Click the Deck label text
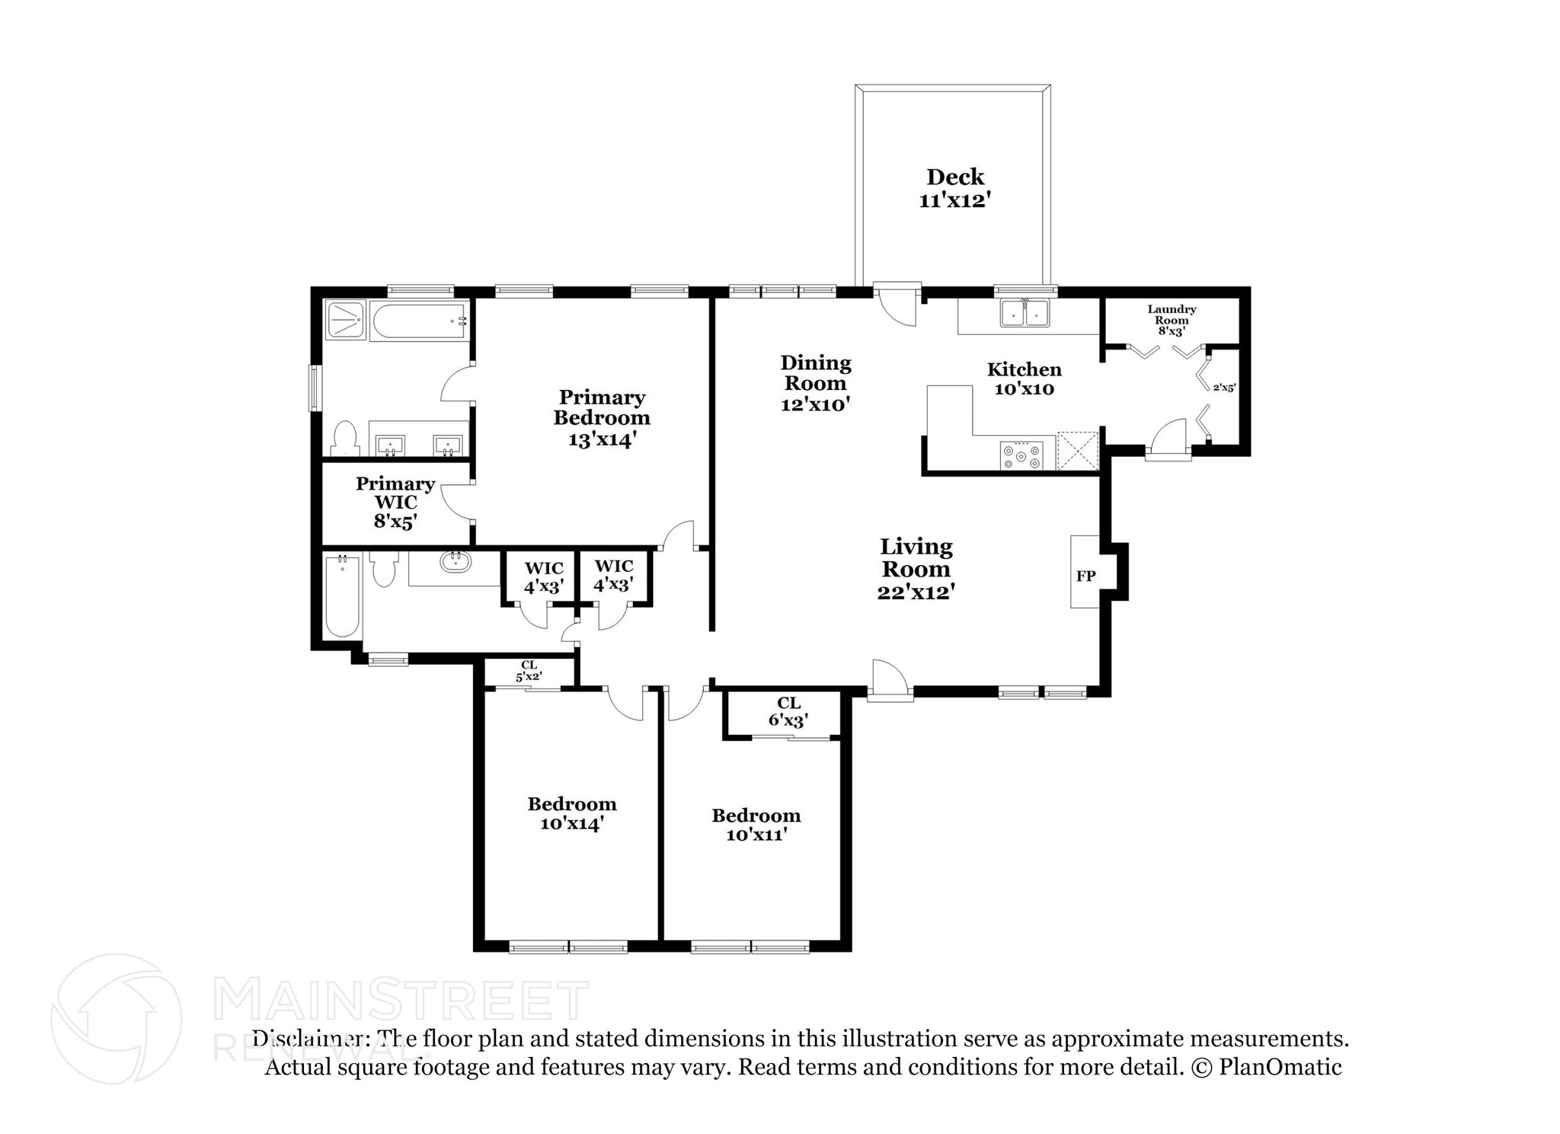(954, 177)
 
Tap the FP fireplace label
(1085, 577)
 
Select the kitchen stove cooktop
(1021, 456)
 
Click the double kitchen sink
(1025, 313)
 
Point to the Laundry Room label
(1171, 315)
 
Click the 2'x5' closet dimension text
(1223, 388)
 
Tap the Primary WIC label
(395, 493)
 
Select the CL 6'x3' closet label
(788, 711)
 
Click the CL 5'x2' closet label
(529, 671)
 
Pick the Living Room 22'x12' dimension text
(916, 592)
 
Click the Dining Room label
(815, 373)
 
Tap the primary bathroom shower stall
(346, 320)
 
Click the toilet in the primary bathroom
(345, 438)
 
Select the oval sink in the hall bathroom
(456, 563)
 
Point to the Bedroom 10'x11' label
(756, 824)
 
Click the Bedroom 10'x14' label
(571, 813)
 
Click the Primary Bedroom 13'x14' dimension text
(601, 439)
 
